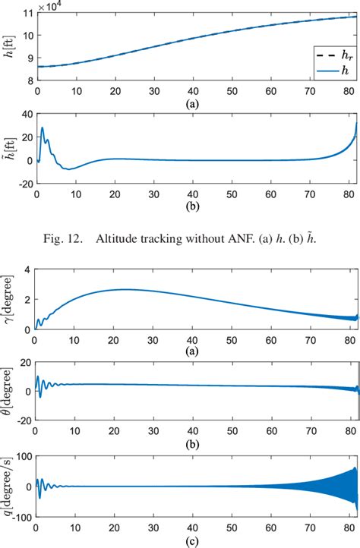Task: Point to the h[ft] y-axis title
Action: (10, 46)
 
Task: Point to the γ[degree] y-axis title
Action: (10, 301)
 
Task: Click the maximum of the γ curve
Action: (124, 289)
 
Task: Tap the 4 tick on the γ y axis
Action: (28, 270)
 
